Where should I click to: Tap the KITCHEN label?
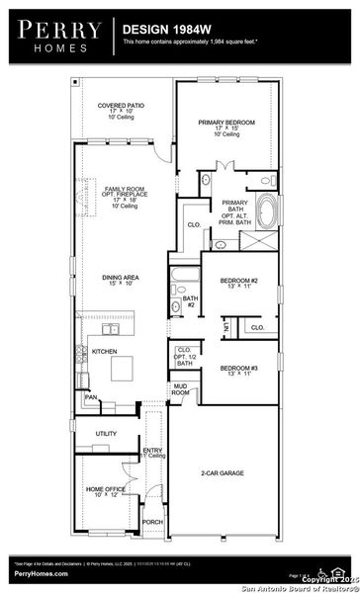105,351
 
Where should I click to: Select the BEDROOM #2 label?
239,282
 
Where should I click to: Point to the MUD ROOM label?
179,389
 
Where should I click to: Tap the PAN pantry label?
90,397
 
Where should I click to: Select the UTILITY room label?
106,433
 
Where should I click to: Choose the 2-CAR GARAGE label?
225,475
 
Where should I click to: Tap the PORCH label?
152,522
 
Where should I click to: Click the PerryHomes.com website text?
42,573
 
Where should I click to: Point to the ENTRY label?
152,451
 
